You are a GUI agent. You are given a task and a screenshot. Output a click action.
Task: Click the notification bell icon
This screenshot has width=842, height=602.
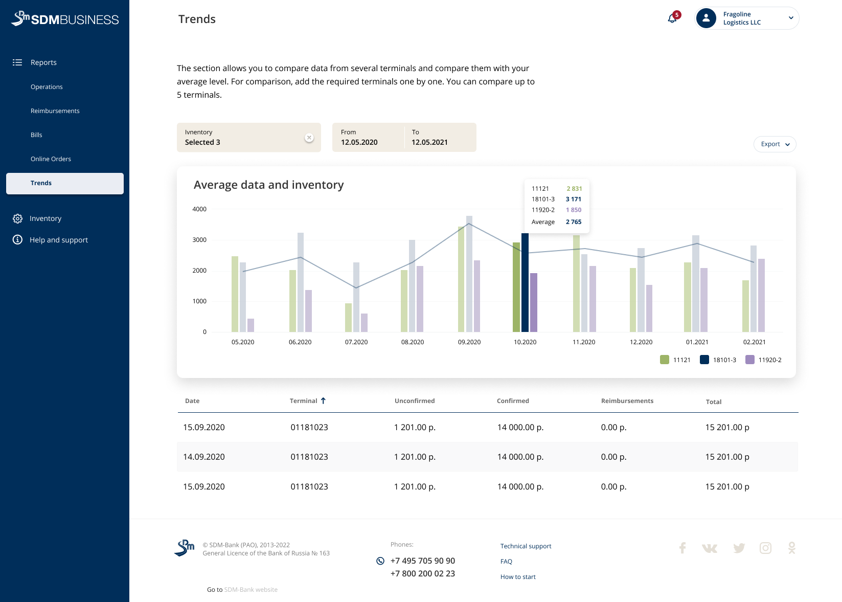[672, 18]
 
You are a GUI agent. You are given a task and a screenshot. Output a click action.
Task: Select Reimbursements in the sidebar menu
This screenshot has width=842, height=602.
[55, 111]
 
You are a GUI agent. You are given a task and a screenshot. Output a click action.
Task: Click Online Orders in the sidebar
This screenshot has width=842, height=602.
[51, 159]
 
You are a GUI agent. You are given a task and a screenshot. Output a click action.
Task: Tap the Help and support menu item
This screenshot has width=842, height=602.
[59, 240]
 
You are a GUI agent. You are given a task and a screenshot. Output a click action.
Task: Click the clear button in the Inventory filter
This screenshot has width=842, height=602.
[309, 138]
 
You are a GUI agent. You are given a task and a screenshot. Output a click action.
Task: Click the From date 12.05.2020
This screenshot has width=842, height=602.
[359, 142]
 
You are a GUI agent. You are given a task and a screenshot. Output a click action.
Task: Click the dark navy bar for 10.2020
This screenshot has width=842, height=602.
[525, 283]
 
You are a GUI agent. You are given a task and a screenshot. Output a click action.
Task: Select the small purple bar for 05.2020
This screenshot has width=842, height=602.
[251, 325]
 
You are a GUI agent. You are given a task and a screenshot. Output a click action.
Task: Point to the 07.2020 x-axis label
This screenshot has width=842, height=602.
[356, 342]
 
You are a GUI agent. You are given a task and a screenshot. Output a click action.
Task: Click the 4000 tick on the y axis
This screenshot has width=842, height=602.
[199, 209]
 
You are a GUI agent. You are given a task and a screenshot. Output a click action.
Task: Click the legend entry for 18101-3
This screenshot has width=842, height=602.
[718, 360]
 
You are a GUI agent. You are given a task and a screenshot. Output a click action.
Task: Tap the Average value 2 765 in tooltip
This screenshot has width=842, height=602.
[574, 222]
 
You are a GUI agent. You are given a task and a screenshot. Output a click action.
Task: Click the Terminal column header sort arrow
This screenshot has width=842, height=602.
[323, 401]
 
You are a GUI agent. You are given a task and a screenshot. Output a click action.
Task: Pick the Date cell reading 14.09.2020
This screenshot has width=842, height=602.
[204, 457]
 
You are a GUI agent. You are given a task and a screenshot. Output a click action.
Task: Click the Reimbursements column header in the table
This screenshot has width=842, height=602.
[627, 401]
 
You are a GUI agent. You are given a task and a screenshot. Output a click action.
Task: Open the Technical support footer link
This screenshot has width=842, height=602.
[526, 546]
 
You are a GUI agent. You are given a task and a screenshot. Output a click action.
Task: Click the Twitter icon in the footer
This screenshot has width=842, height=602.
[739, 548]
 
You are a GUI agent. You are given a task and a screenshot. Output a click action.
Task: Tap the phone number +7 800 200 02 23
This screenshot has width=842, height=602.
[422, 573]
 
